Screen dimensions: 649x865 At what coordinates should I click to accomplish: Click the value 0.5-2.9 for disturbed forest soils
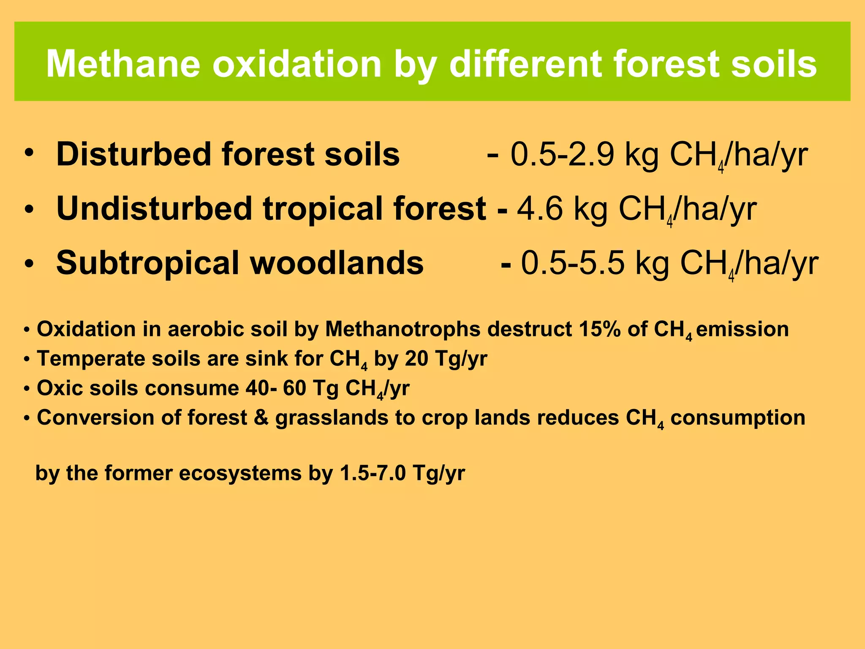tap(562, 154)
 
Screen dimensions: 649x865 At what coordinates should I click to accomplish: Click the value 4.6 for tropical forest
tap(540, 208)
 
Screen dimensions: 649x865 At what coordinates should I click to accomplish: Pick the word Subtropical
tap(148, 263)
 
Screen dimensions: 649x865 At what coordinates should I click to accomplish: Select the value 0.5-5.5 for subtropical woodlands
tap(572, 263)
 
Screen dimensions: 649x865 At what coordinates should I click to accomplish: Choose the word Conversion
tap(95, 417)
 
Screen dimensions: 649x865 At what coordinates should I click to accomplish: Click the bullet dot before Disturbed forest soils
tap(28, 152)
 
